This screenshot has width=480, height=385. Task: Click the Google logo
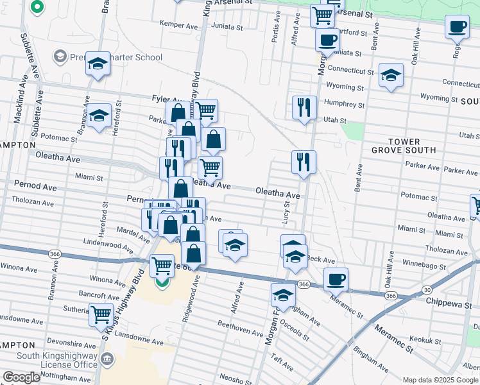point(21,377)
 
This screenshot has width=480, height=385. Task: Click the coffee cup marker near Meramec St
point(336,280)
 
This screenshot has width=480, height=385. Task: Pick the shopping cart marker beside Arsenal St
point(321,15)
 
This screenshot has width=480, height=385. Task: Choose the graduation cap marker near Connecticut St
point(391,75)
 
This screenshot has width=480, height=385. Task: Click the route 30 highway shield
point(427,291)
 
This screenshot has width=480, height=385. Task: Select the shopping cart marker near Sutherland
point(101,314)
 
